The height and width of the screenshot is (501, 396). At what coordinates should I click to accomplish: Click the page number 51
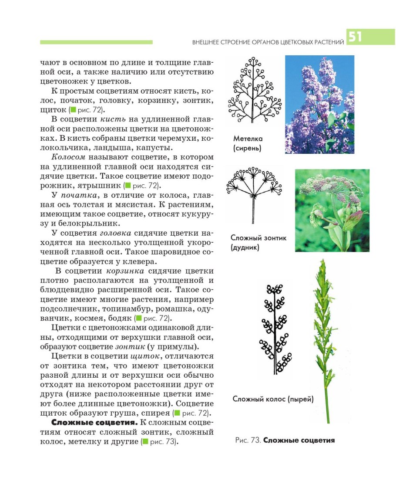click(x=355, y=37)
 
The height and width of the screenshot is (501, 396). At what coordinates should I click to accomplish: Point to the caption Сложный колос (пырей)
click(x=273, y=399)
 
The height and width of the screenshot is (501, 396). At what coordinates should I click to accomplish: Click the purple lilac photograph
click(x=319, y=104)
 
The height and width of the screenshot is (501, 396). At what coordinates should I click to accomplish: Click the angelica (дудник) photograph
click(x=332, y=210)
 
